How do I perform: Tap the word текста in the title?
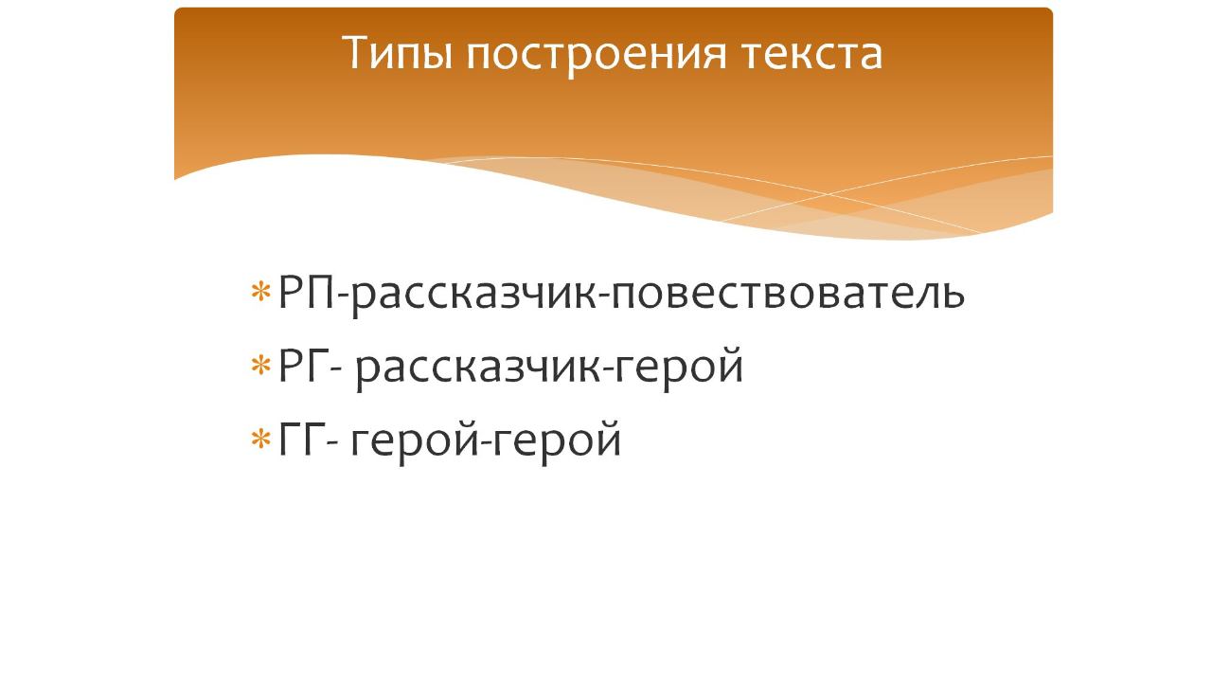pos(811,53)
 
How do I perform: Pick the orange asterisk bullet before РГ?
pos(260,366)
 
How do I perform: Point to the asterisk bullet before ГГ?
pos(260,439)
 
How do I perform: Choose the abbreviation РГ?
pos(302,367)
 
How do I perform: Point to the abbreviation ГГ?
pos(299,440)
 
